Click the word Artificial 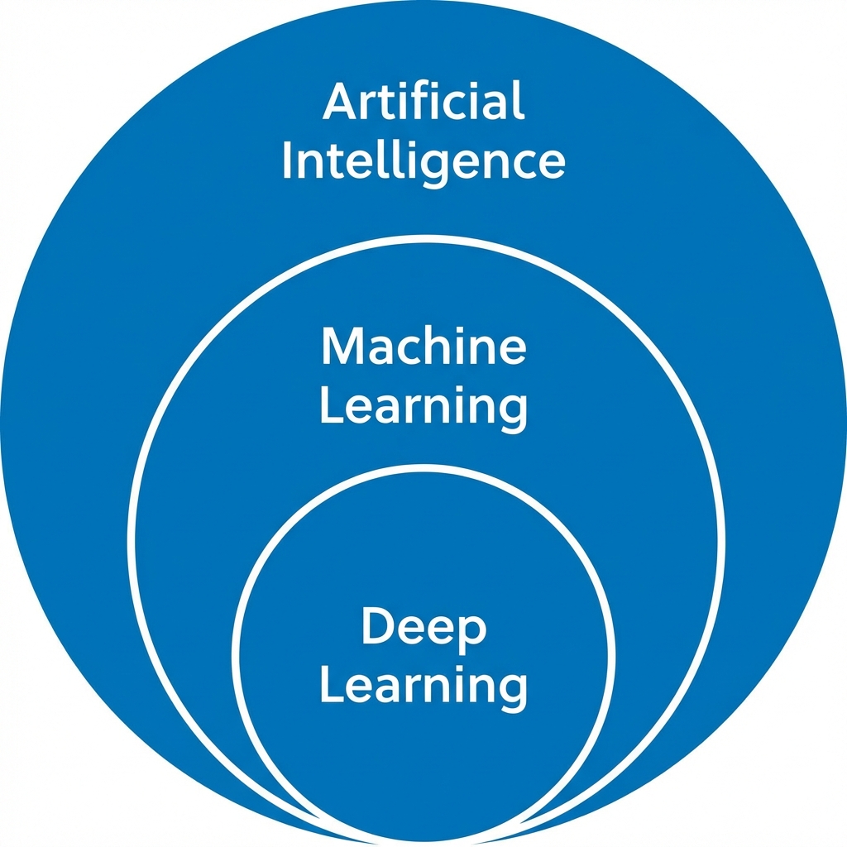423,103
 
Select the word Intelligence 423,160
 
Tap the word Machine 423,347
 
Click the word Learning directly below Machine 423,406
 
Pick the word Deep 423,629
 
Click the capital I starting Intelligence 287,160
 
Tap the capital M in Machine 343,347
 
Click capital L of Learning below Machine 329,405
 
